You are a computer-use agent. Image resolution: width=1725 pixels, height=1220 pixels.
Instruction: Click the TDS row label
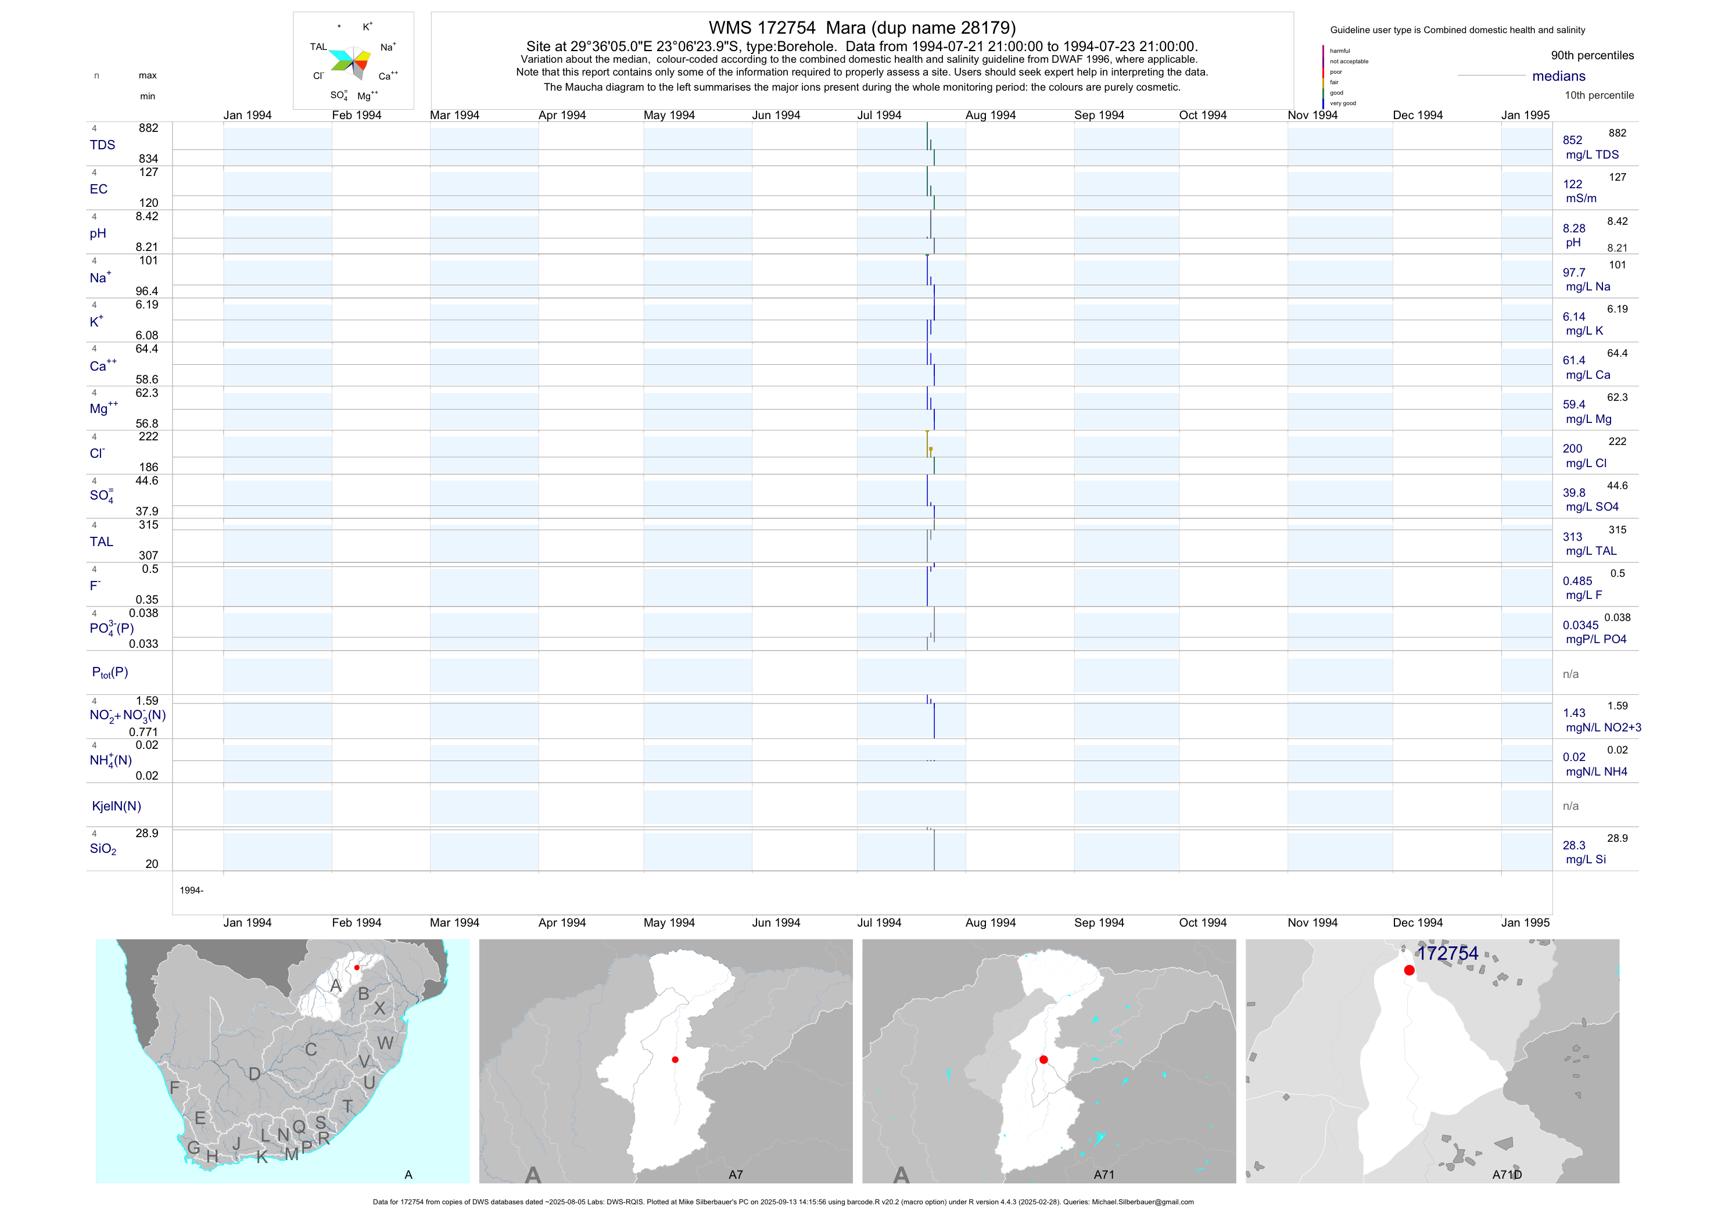point(102,145)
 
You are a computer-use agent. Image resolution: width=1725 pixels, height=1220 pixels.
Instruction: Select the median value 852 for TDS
point(1572,141)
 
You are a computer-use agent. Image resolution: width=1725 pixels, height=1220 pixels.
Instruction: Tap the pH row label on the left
point(98,234)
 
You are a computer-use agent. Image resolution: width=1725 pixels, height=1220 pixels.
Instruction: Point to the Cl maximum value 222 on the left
point(148,436)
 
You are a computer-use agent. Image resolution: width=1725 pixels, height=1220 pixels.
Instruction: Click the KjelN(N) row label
point(116,806)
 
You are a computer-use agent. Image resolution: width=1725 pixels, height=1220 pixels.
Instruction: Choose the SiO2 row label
point(103,849)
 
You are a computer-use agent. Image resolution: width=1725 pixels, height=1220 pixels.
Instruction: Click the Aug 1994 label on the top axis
point(990,115)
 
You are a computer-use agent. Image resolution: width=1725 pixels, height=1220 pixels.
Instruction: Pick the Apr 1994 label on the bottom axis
point(562,923)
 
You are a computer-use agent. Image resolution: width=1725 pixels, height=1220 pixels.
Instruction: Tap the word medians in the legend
point(1559,76)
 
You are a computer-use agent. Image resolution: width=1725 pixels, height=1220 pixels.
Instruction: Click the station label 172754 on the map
point(1447,953)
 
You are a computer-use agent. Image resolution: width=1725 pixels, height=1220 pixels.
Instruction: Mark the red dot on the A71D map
point(1410,971)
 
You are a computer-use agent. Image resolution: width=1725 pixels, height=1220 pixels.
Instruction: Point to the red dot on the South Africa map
point(357,968)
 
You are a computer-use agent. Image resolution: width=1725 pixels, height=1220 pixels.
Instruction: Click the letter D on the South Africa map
point(254,1074)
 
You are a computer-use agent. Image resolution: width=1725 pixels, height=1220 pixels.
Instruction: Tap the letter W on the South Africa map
point(385,1043)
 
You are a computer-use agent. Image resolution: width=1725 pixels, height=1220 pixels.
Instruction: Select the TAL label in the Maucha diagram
point(318,46)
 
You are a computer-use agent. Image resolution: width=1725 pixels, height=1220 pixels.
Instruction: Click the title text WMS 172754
point(762,28)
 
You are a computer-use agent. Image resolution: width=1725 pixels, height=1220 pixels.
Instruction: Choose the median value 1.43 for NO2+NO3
point(1574,713)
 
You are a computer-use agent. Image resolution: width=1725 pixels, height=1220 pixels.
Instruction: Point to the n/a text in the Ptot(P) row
point(1570,674)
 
